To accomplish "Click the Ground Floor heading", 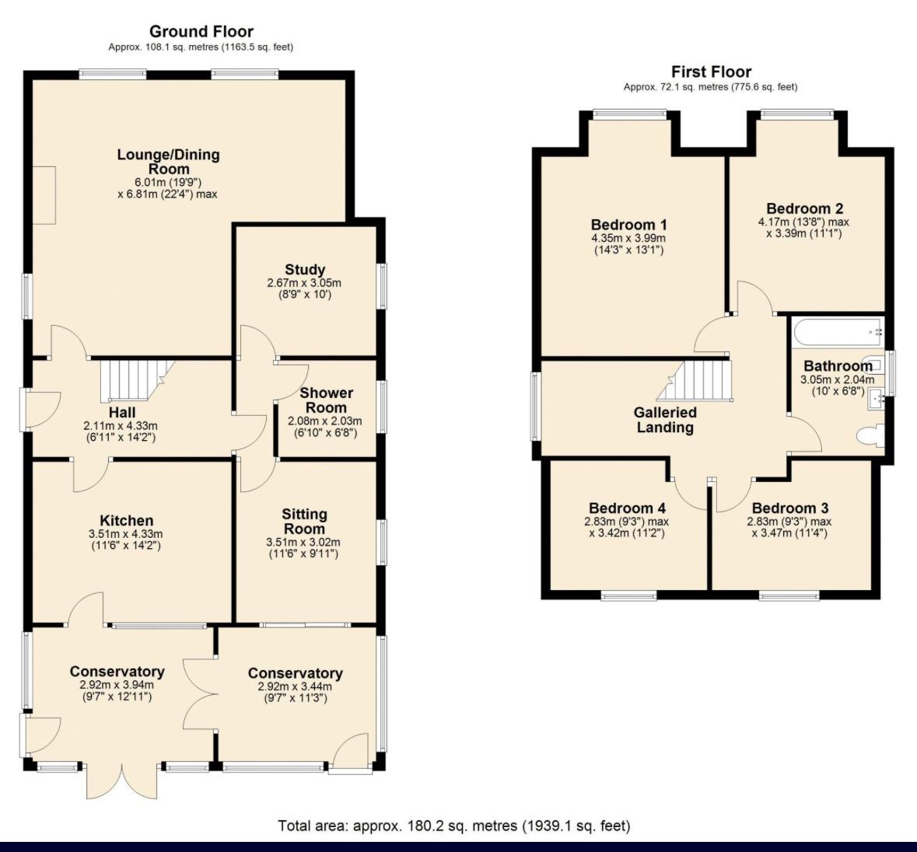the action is [201, 32].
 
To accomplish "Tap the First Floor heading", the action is [711, 72].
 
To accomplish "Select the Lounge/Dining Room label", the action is [169, 162].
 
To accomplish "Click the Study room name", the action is [305, 270].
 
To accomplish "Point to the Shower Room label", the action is [327, 400].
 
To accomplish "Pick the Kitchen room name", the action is [126, 521].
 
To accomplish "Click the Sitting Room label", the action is [304, 522].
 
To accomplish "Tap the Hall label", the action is [121, 413].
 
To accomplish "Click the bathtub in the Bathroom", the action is [838, 332].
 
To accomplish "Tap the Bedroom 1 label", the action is [628, 225].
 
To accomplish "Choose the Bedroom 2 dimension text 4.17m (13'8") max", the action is [803, 222].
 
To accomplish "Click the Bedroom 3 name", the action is [790, 508].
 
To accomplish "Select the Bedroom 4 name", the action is [627, 508].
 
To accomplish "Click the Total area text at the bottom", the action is [453, 826].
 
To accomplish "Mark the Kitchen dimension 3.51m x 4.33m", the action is [126, 534].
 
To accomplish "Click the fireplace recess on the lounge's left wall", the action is [44, 195].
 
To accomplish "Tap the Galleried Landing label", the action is [665, 420].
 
